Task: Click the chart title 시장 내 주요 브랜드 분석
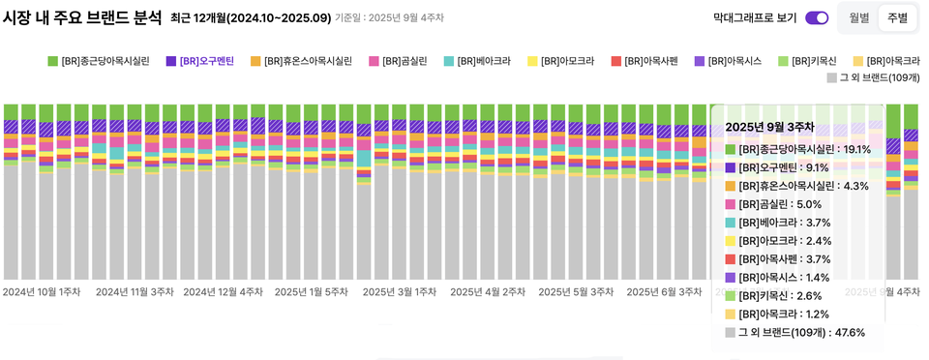coord(82,17)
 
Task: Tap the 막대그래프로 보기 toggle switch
coord(817,17)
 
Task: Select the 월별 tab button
coord(859,17)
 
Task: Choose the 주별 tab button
coord(897,17)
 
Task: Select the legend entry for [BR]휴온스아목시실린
coord(300,61)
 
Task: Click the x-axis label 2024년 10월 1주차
coord(42,291)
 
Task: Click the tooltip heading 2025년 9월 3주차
coord(769,126)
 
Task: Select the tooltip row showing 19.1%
coord(798,149)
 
